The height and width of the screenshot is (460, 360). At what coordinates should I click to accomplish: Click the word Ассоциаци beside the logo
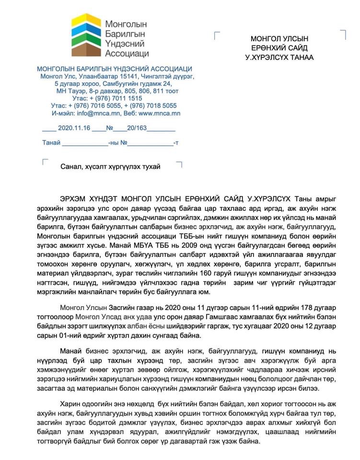click(127, 53)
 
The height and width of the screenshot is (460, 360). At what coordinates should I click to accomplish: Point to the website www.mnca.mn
click(159, 114)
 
